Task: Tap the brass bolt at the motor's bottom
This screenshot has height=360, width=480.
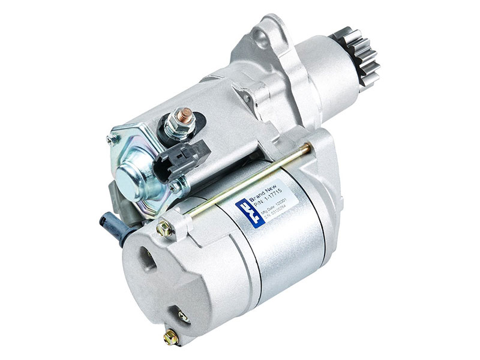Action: coord(170,335)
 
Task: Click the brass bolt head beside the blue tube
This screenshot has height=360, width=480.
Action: coord(163,229)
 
